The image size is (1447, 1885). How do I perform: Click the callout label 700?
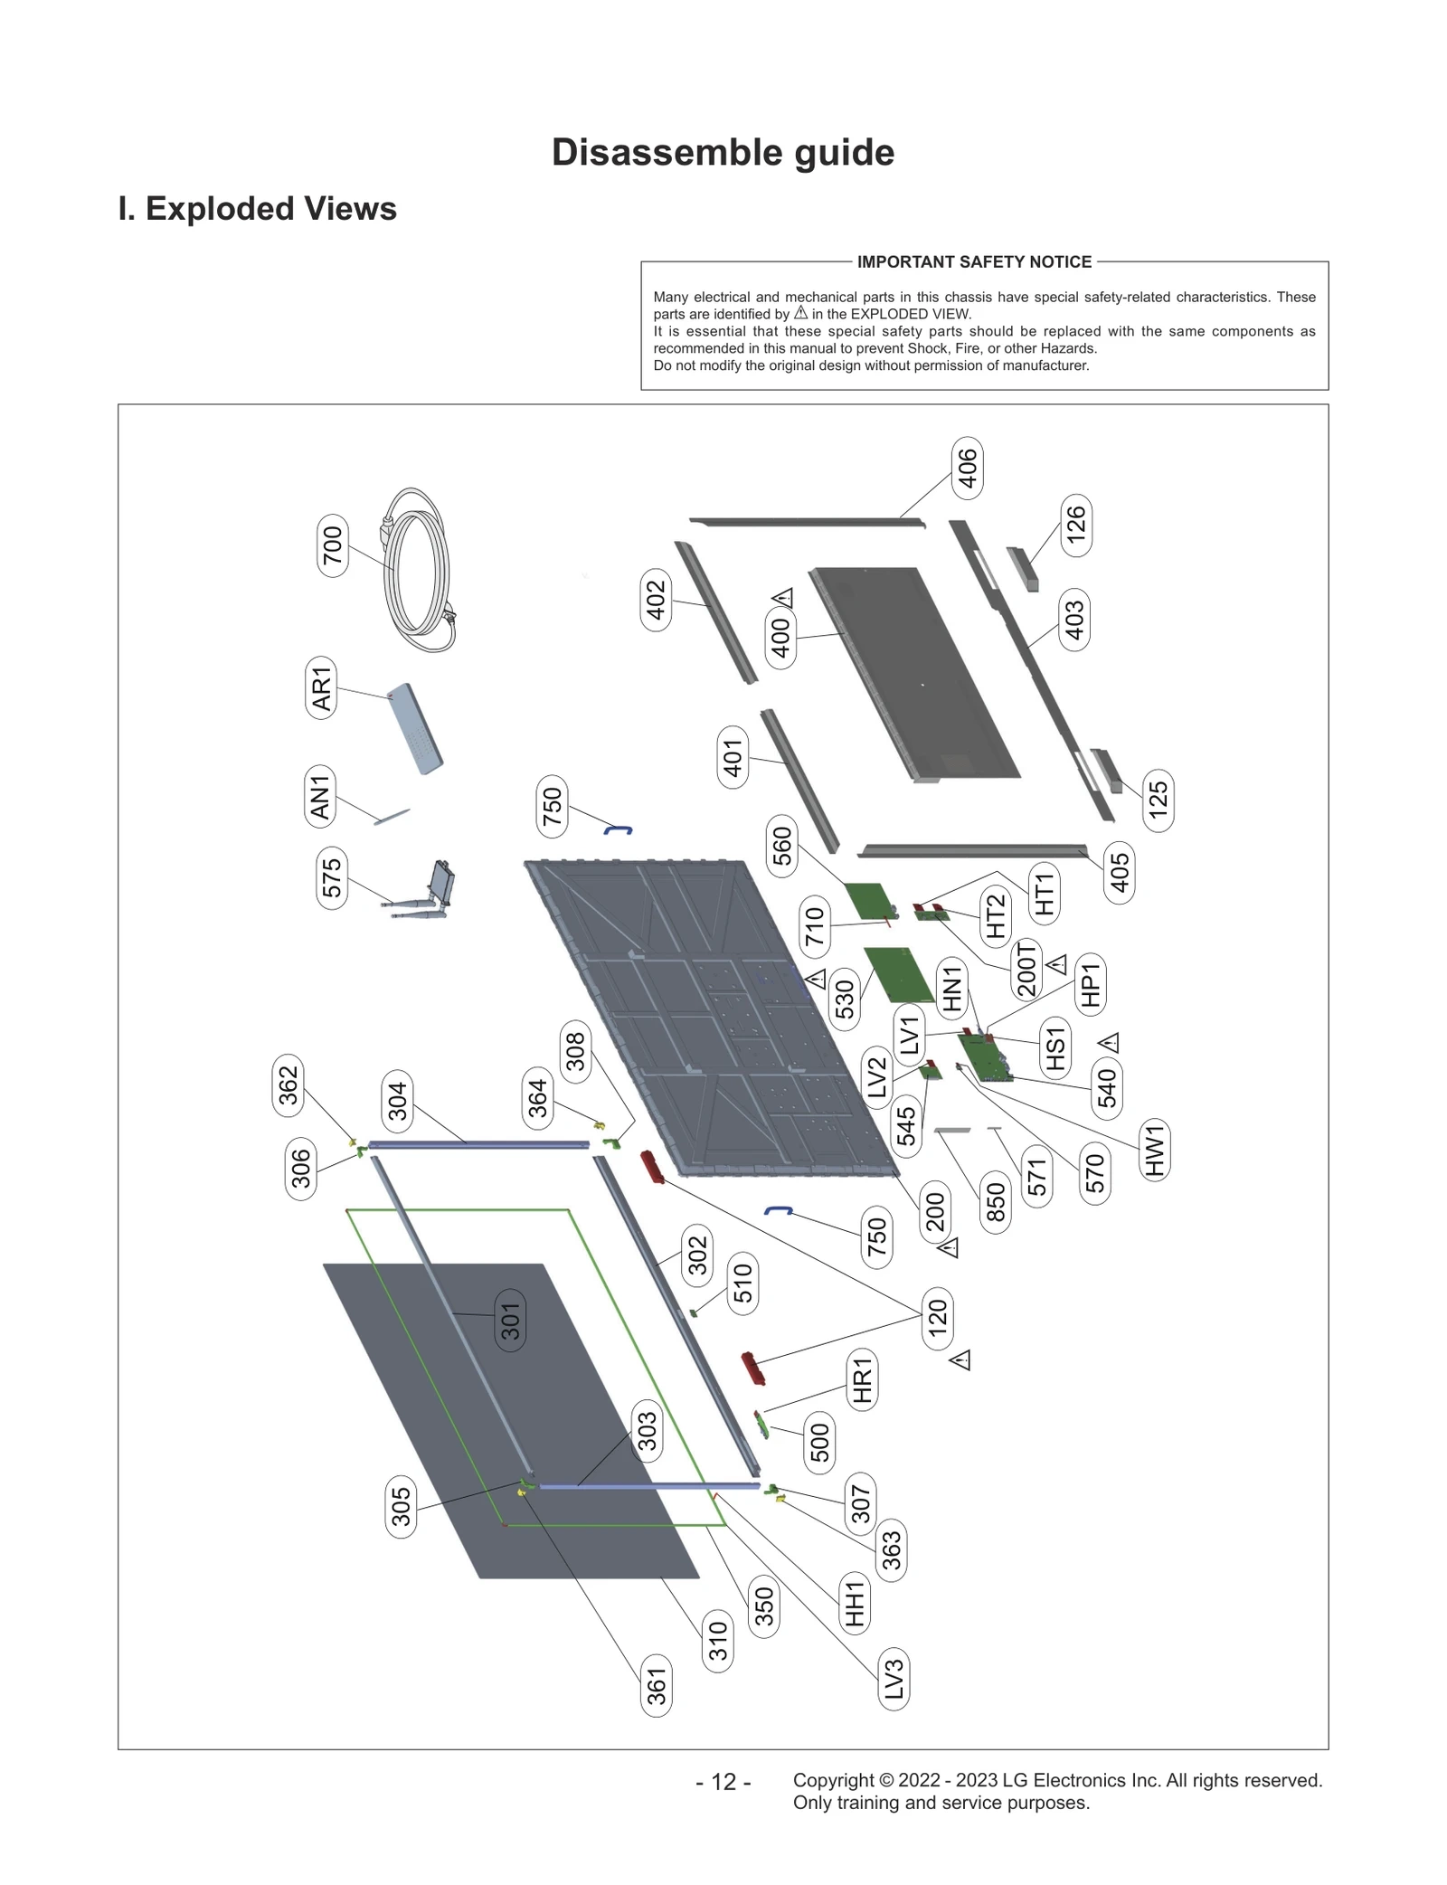(x=333, y=545)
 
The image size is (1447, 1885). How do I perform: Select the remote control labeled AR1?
(x=415, y=728)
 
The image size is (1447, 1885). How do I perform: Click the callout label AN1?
(x=320, y=797)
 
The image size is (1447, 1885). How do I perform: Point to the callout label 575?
(x=332, y=877)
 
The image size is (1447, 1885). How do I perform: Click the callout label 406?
(x=968, y=468)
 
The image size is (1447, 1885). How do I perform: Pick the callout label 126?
(x=1075, y=525)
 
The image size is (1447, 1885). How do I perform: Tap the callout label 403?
(x=1074, y=620)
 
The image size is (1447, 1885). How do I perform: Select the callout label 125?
(x=1158, y=800)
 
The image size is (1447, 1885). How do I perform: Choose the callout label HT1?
(x=1045, y=894)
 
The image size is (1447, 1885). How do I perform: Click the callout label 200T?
(x=1026, y=969)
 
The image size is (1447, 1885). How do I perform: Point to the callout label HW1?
(x=1155, y=1150)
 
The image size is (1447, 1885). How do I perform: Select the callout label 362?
(x=288, y=1085)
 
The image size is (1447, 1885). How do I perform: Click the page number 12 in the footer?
(x=723, y=1782)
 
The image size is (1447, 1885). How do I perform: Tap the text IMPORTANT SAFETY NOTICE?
(x=974, y=262)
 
